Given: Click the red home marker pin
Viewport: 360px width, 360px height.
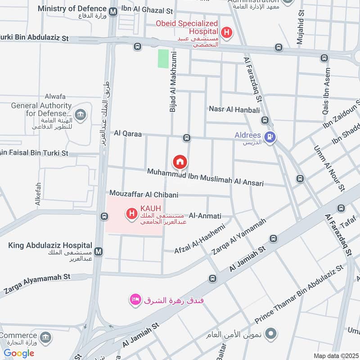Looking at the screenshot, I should click(180, 162).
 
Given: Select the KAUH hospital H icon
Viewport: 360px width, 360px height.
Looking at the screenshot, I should click(132, 213).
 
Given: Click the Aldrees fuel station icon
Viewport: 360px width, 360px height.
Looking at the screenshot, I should click(270, 137).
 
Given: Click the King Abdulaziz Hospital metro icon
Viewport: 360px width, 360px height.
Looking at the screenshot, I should click(98, 251).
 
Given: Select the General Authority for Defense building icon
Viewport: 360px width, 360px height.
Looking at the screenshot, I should click(81, 115).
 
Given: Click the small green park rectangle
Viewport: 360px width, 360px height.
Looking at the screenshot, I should click(163, 59).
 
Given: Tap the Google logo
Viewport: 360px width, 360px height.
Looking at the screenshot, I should click(19, 353).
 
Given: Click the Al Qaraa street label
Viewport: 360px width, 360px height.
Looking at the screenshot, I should click(128, 133).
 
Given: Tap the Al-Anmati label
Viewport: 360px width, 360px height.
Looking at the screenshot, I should click(205, 216).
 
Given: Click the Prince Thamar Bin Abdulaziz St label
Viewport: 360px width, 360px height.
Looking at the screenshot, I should click(299, 294).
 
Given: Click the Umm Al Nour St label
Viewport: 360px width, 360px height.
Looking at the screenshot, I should click(328, 167).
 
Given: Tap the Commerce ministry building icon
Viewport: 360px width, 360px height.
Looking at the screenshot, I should click(45, 337).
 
